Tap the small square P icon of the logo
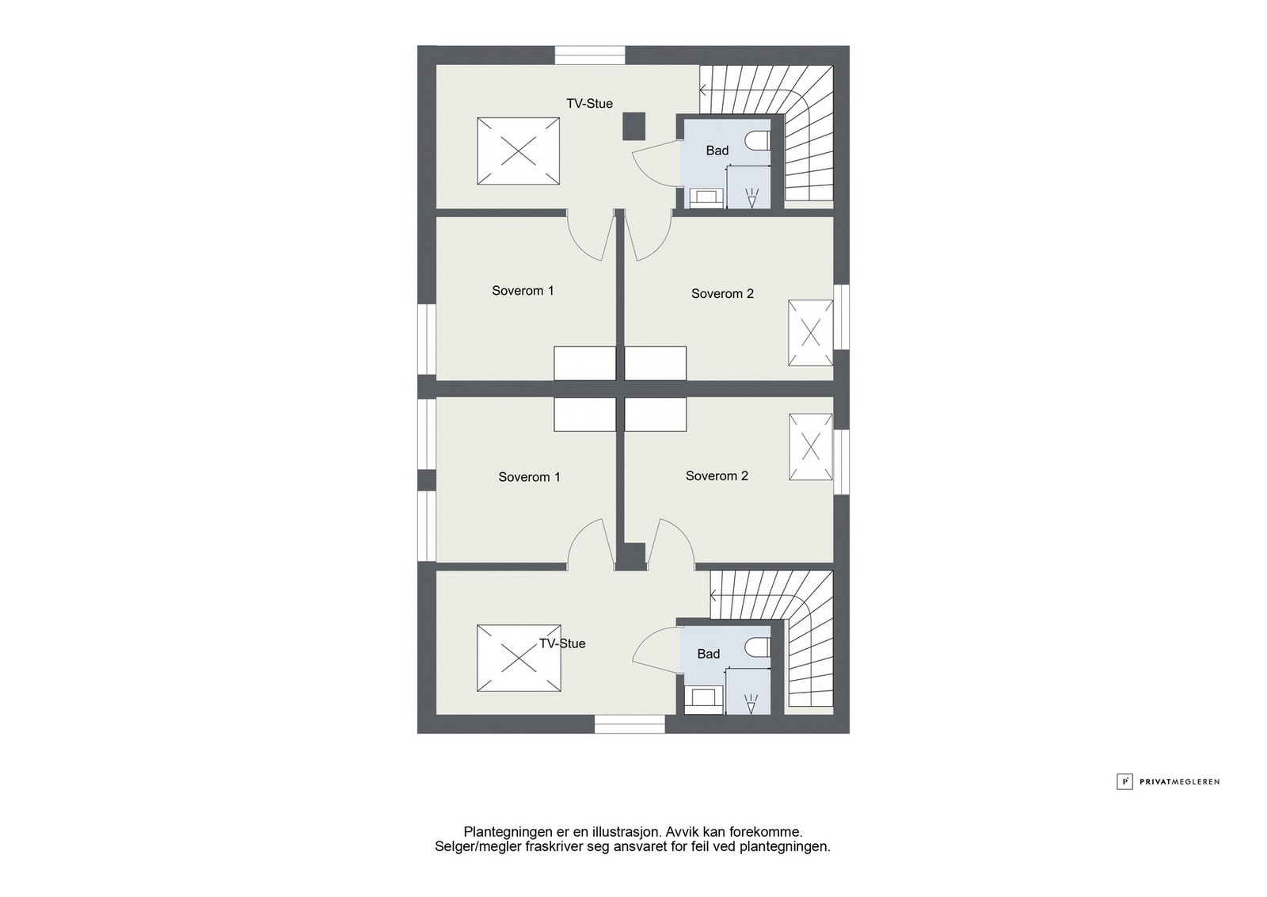[x=1124, y=781]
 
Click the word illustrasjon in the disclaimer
[x=626, y=832]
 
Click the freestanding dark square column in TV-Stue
[x=634, y=126]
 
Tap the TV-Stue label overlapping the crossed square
[x=562, y=643]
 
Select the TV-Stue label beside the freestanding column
[x=589, y=104]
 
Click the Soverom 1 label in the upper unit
[x=523, y=291]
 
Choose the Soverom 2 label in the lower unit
[x=717, y=476]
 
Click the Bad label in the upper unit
[x=717, y=151]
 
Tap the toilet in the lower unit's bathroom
[x=758, y=647]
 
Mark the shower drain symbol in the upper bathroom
[x=751, y=197]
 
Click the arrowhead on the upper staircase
[x=703, y=90]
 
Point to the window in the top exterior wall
[x=590, y=55]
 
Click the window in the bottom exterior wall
[x=630, y=724]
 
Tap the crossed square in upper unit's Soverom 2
[x=811, y=333]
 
